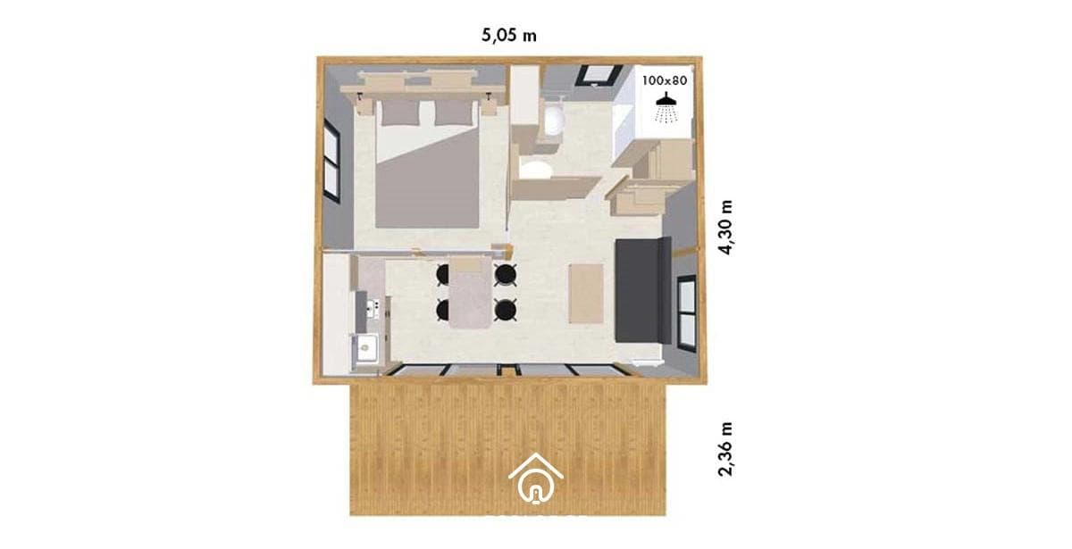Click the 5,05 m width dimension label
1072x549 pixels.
click(508, 36)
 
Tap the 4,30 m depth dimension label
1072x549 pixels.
click(725, 228)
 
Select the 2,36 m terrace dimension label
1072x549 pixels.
click(725, 449)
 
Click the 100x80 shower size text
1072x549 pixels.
click(665, 80)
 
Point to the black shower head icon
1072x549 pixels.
click(666, 107)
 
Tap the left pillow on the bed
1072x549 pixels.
click(400, 112)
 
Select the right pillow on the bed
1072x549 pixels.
click(453, 112)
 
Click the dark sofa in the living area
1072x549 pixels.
click(642, 290)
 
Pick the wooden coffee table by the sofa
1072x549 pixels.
click(586, 294)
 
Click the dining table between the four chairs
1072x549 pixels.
click(471, 293)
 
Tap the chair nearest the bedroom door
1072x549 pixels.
click(506, 275)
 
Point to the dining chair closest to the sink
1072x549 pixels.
click(443, 310)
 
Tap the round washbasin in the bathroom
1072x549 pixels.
click(554, 120)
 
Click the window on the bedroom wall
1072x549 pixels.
click(331, 161)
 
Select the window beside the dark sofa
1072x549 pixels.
click(687, 313)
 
